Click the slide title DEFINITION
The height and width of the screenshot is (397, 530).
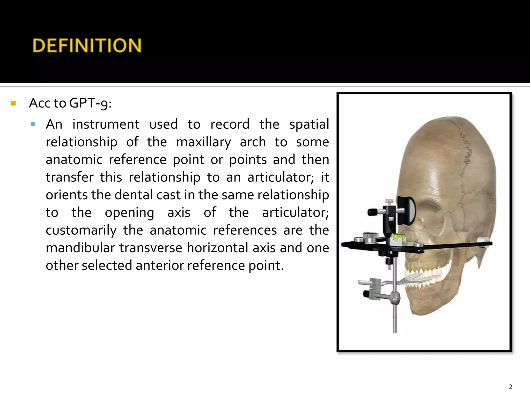pos(87,45)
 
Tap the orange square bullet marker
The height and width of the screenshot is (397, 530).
pos(13,104)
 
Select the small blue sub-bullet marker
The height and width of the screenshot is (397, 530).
pos(33,124)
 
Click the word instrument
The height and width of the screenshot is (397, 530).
pos(106,124)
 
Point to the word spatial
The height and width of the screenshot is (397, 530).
pos(309,124)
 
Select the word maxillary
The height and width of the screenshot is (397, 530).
pos(203,142)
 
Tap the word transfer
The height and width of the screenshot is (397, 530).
pos(69,177)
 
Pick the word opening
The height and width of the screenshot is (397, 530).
pos(129,213)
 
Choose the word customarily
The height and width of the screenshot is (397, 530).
pos(81,230)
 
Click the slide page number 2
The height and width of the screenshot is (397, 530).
pos(510,386)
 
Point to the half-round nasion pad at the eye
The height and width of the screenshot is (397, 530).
pos(408,210)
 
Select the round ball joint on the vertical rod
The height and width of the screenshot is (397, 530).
pos(396,299)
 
